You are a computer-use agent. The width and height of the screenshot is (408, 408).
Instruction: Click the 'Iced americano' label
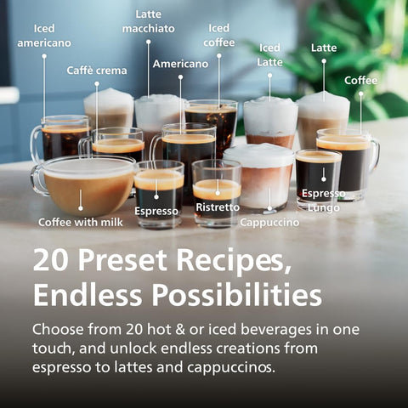tap(44, 36)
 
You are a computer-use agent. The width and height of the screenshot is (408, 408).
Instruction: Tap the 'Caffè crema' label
tap(97, 71)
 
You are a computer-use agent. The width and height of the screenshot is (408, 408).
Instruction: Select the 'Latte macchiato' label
tap(148, 21)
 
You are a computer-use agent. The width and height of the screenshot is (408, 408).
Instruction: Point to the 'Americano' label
tap(180, 64)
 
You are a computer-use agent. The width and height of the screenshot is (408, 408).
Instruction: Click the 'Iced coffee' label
tap(219, 35)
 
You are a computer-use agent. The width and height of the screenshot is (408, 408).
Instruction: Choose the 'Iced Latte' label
tap(269, 54)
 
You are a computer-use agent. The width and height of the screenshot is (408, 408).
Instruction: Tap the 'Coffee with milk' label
tap(81, 223)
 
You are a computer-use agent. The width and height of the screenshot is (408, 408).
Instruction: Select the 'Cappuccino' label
tap(269, 223)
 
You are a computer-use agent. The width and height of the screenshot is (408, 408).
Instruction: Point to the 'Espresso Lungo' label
tap(323, 201)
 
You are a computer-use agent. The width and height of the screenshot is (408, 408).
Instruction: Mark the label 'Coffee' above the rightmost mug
tap(361, 81)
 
